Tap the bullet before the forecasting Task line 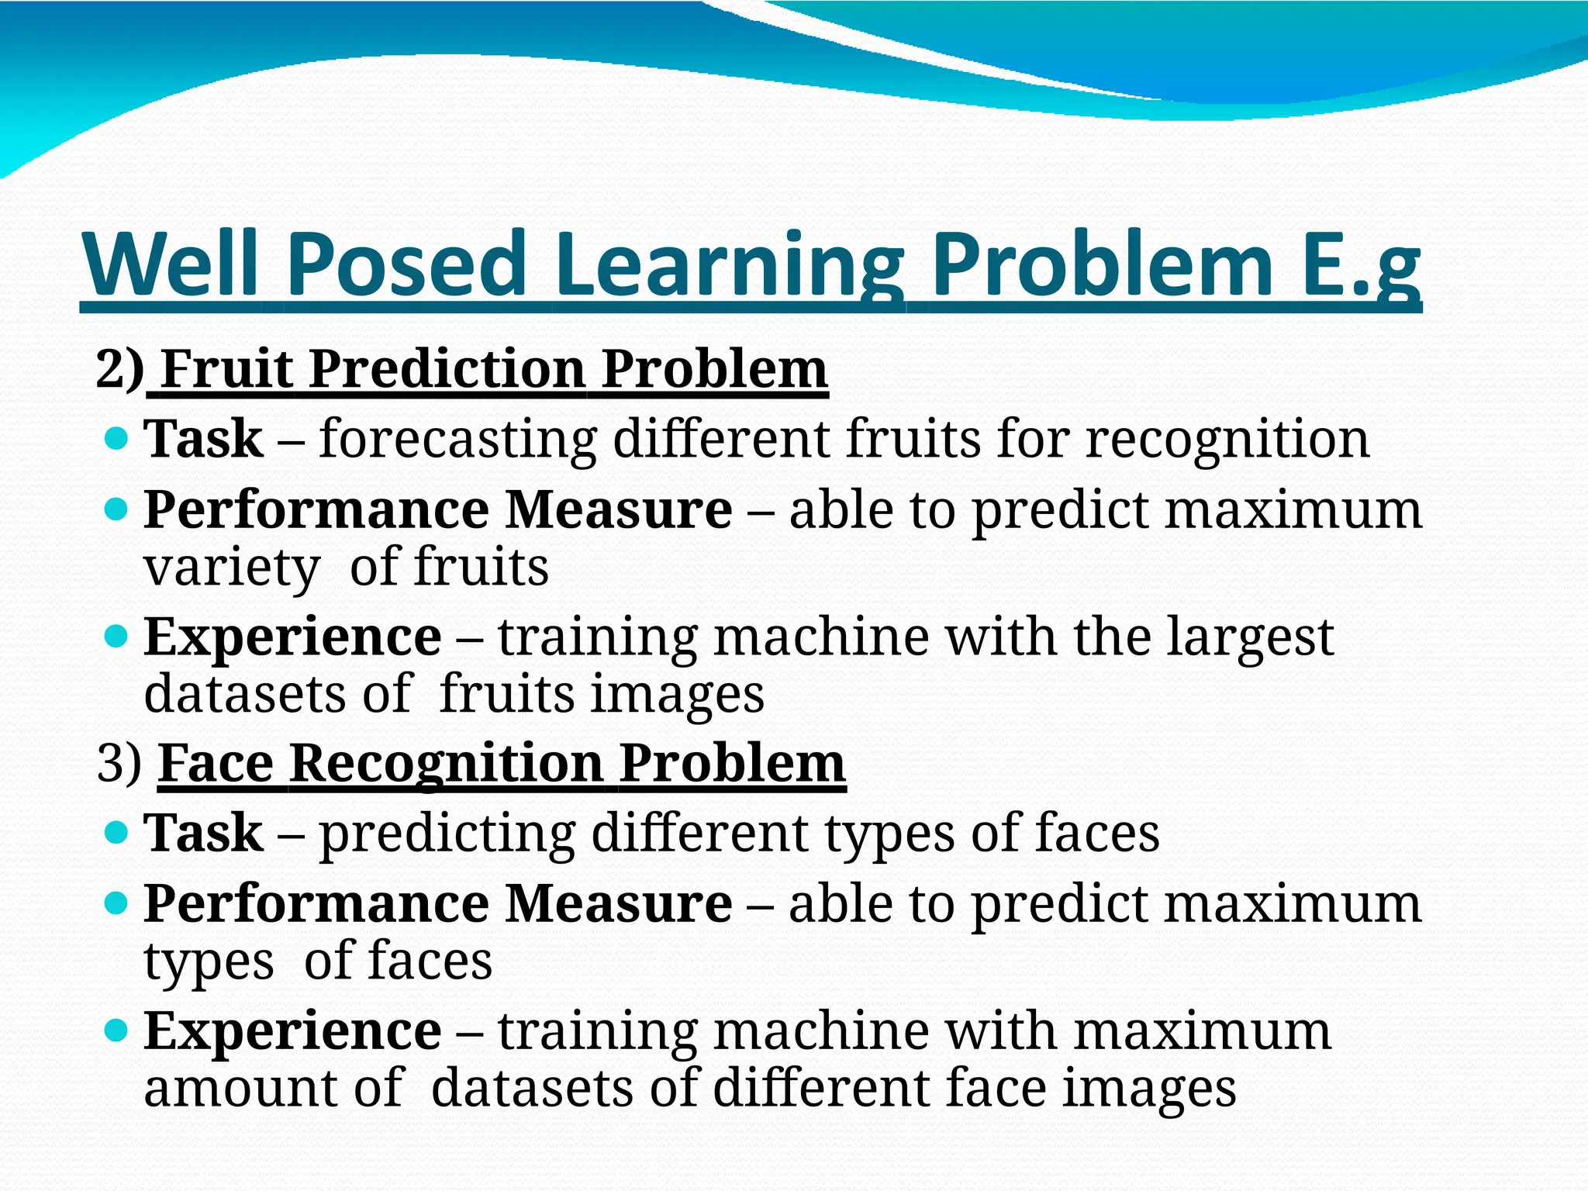(x=115, y=440)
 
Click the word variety (x=231, y=568)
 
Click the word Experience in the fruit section (x=292, y=637)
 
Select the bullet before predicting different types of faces (x=115, y=834)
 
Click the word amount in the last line (x=240, y=1088)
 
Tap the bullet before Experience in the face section (x=115, y=1030)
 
